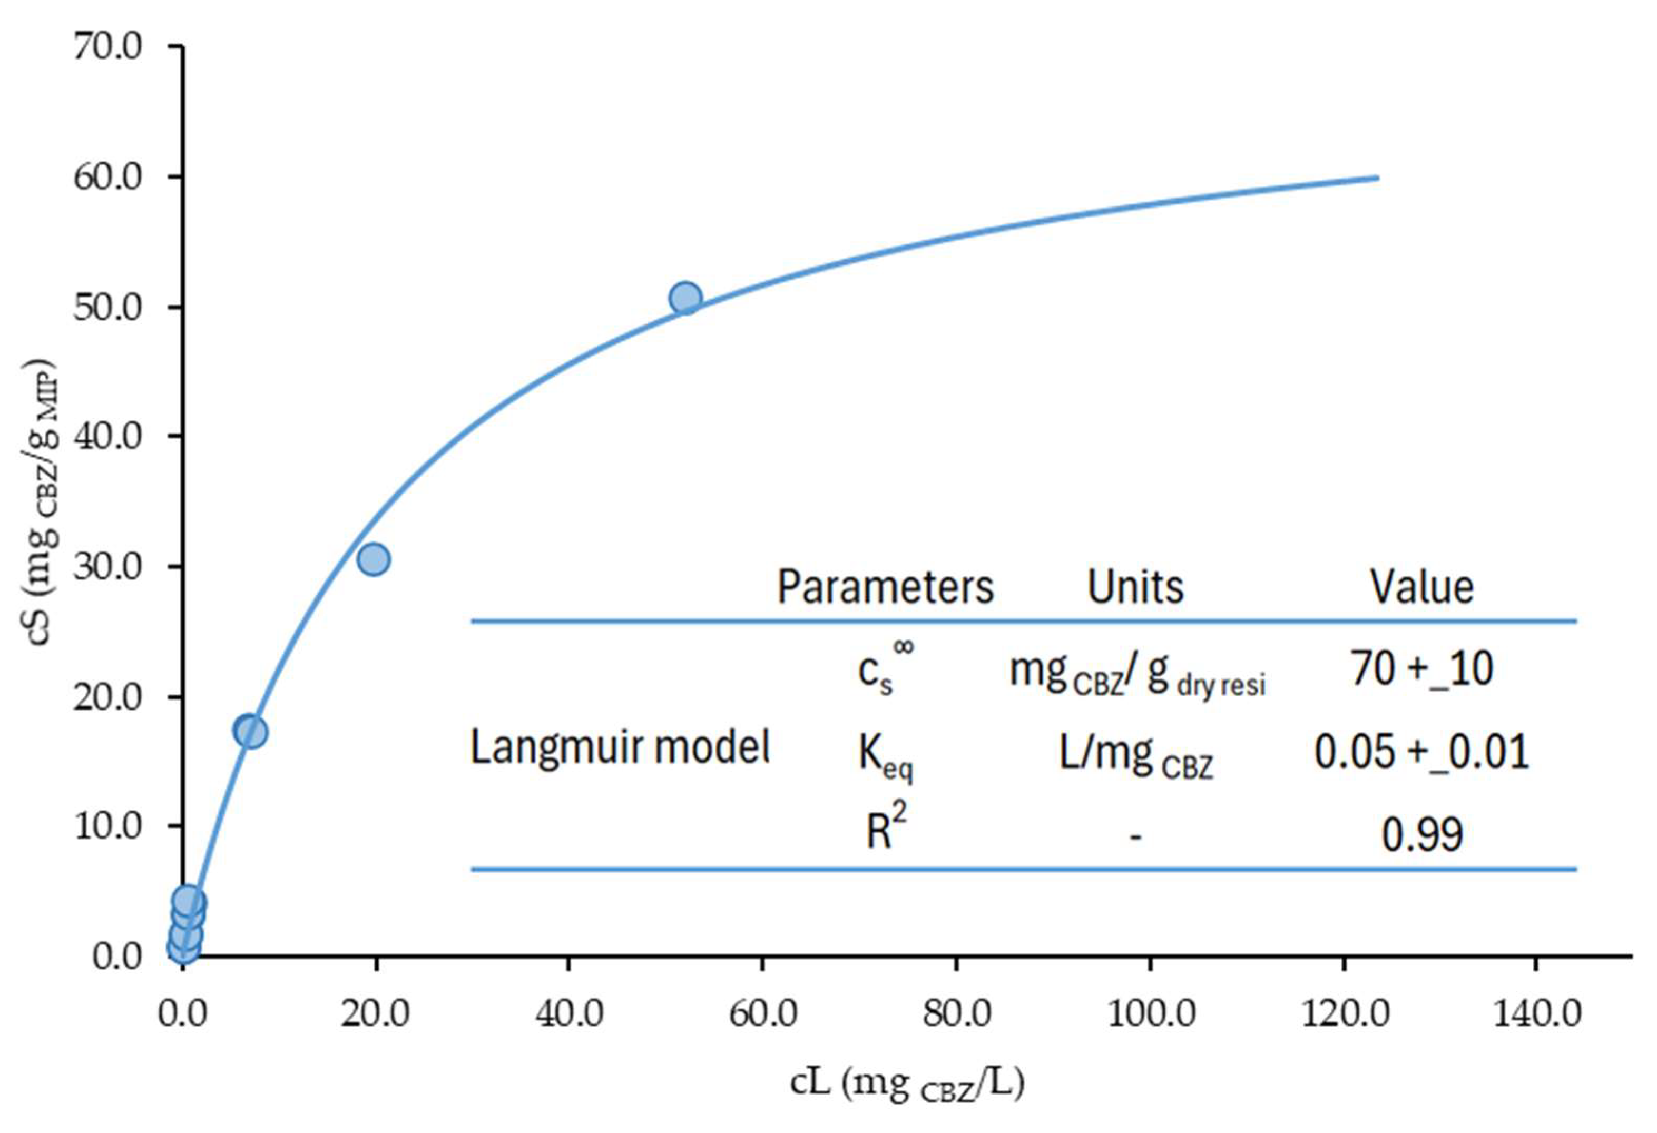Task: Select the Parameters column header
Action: click(x=885, y=587)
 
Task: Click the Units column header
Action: click(x=1135, y=587)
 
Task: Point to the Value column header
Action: click(x=1421, y=587)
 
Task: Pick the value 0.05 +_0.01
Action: click(x=1421, y=752)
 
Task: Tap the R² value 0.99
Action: click(x=1421, y=834)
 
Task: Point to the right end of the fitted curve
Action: click(x=1377, y=178)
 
